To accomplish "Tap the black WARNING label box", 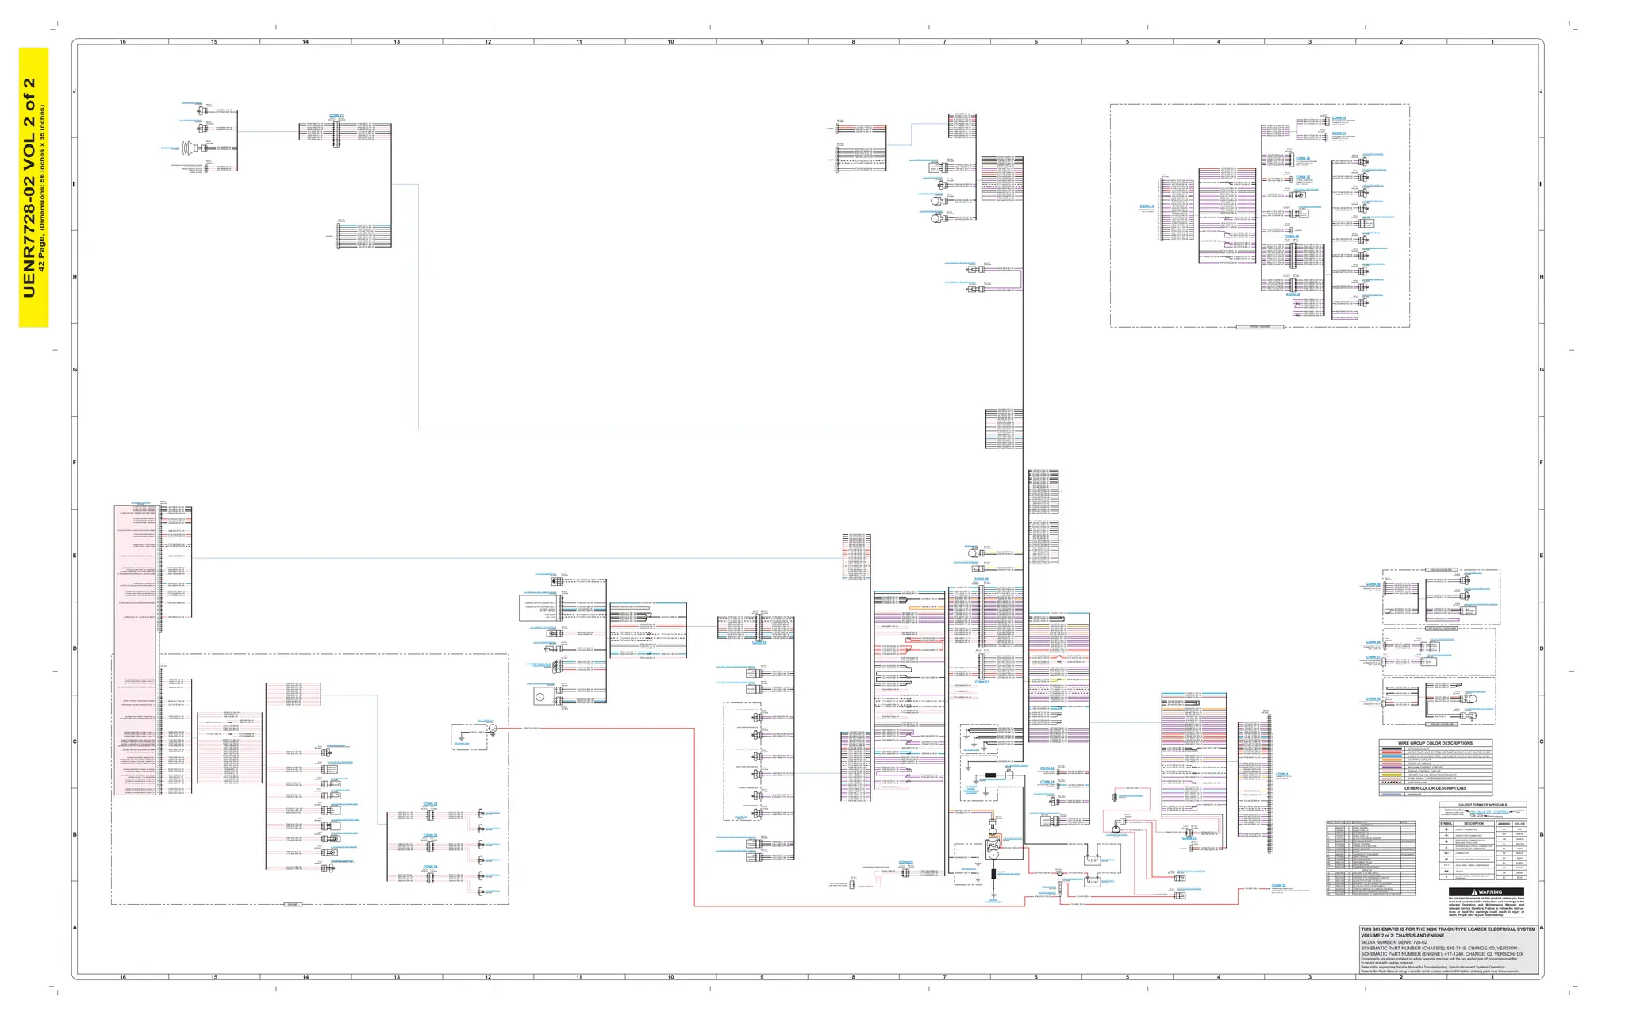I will coord(1481,891).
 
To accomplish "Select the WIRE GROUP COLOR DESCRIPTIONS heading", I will coord(1435,743).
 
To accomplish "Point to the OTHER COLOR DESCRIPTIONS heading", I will coord(1436,788).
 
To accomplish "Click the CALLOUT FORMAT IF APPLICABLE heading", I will coord(1481,805).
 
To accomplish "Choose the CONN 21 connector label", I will coord(336,116).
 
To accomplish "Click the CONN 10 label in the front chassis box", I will coord(1147,206).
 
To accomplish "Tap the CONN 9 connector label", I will coord(1282,774).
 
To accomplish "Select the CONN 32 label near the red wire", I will coord(1278,885).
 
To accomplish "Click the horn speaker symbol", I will coord(189,147).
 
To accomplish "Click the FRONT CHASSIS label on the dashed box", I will coord(1260,326).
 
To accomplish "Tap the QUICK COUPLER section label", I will coord(1441,570).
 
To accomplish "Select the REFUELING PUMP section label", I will coord(1440,725).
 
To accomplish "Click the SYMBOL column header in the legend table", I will coord(1446,824).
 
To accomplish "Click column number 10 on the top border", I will coord(670,41).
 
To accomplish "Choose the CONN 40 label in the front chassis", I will coord(1292,237).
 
